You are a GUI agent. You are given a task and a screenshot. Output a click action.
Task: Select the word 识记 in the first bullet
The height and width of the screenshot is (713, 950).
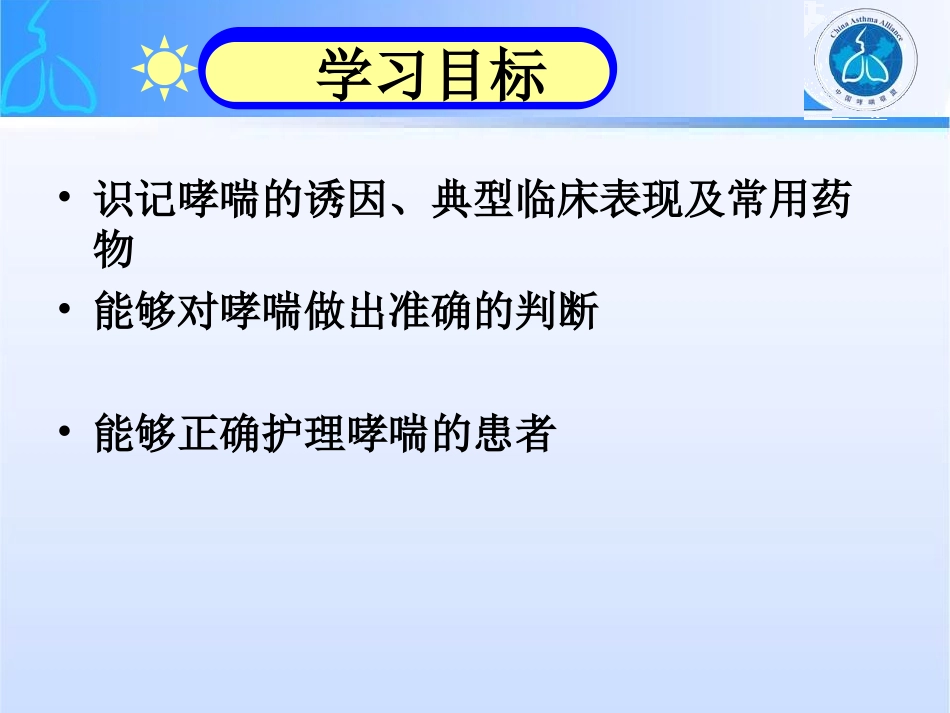[x=136, y=201]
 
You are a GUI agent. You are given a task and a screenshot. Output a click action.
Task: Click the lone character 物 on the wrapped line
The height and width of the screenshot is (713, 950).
[x=114, y=250]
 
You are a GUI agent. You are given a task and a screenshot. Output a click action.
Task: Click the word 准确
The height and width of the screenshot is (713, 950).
[x=474, y=313]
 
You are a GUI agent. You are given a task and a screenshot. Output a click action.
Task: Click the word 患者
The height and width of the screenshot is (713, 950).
[x=516, y=435]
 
